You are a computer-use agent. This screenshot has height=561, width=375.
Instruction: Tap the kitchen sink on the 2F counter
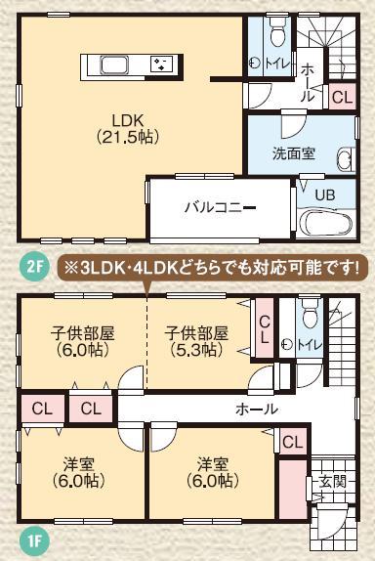coord(114,65)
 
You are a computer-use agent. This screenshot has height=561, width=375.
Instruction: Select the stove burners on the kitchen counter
coord(158,65)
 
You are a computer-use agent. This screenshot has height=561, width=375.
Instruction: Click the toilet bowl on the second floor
coord(276,37)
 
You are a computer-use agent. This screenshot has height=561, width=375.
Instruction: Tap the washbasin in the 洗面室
coord(345,161)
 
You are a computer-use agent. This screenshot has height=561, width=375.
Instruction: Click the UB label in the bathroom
coord(325,195)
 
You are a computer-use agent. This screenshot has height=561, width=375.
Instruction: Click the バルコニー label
coord(221,207)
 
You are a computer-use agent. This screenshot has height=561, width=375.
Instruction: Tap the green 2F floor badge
coord(34,265)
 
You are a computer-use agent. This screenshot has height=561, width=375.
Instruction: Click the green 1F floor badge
coord(31,537)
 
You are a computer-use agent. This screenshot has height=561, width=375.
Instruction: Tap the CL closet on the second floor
coord(342,96)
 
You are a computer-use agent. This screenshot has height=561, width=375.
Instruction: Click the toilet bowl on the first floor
coord(311,316)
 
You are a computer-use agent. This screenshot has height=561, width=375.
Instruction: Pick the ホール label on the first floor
coord(257,409)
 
